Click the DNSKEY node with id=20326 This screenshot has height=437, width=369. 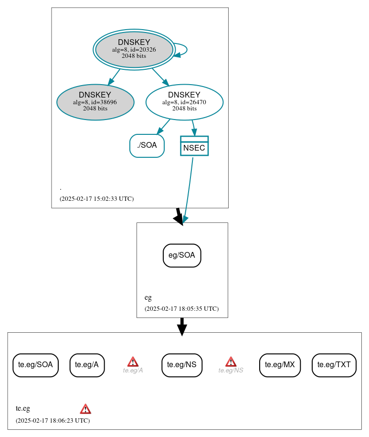[134, 49]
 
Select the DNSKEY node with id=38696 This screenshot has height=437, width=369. [95, 102]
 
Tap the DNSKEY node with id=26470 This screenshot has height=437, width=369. [184, 102]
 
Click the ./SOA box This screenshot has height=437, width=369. [147, 145]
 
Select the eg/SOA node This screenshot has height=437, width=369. [182, 255]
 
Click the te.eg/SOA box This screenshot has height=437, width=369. [35, 365]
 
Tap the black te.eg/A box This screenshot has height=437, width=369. [87, 365]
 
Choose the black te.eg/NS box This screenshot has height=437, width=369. [182, 365]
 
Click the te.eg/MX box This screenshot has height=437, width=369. [280, 365]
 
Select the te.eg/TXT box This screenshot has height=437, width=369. [334, 365]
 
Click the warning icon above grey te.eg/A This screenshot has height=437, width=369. [133, 361]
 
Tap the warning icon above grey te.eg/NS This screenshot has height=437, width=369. [231, 361]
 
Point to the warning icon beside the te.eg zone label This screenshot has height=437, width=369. [85, 409]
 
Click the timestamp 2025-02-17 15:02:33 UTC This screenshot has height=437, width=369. [96, 198]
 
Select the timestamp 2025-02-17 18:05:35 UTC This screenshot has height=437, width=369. [181, 308]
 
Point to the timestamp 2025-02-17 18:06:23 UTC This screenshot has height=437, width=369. [53, 420]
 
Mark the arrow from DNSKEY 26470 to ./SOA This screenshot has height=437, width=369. [164, 126]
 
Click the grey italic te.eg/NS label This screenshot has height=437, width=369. [231, 370]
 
